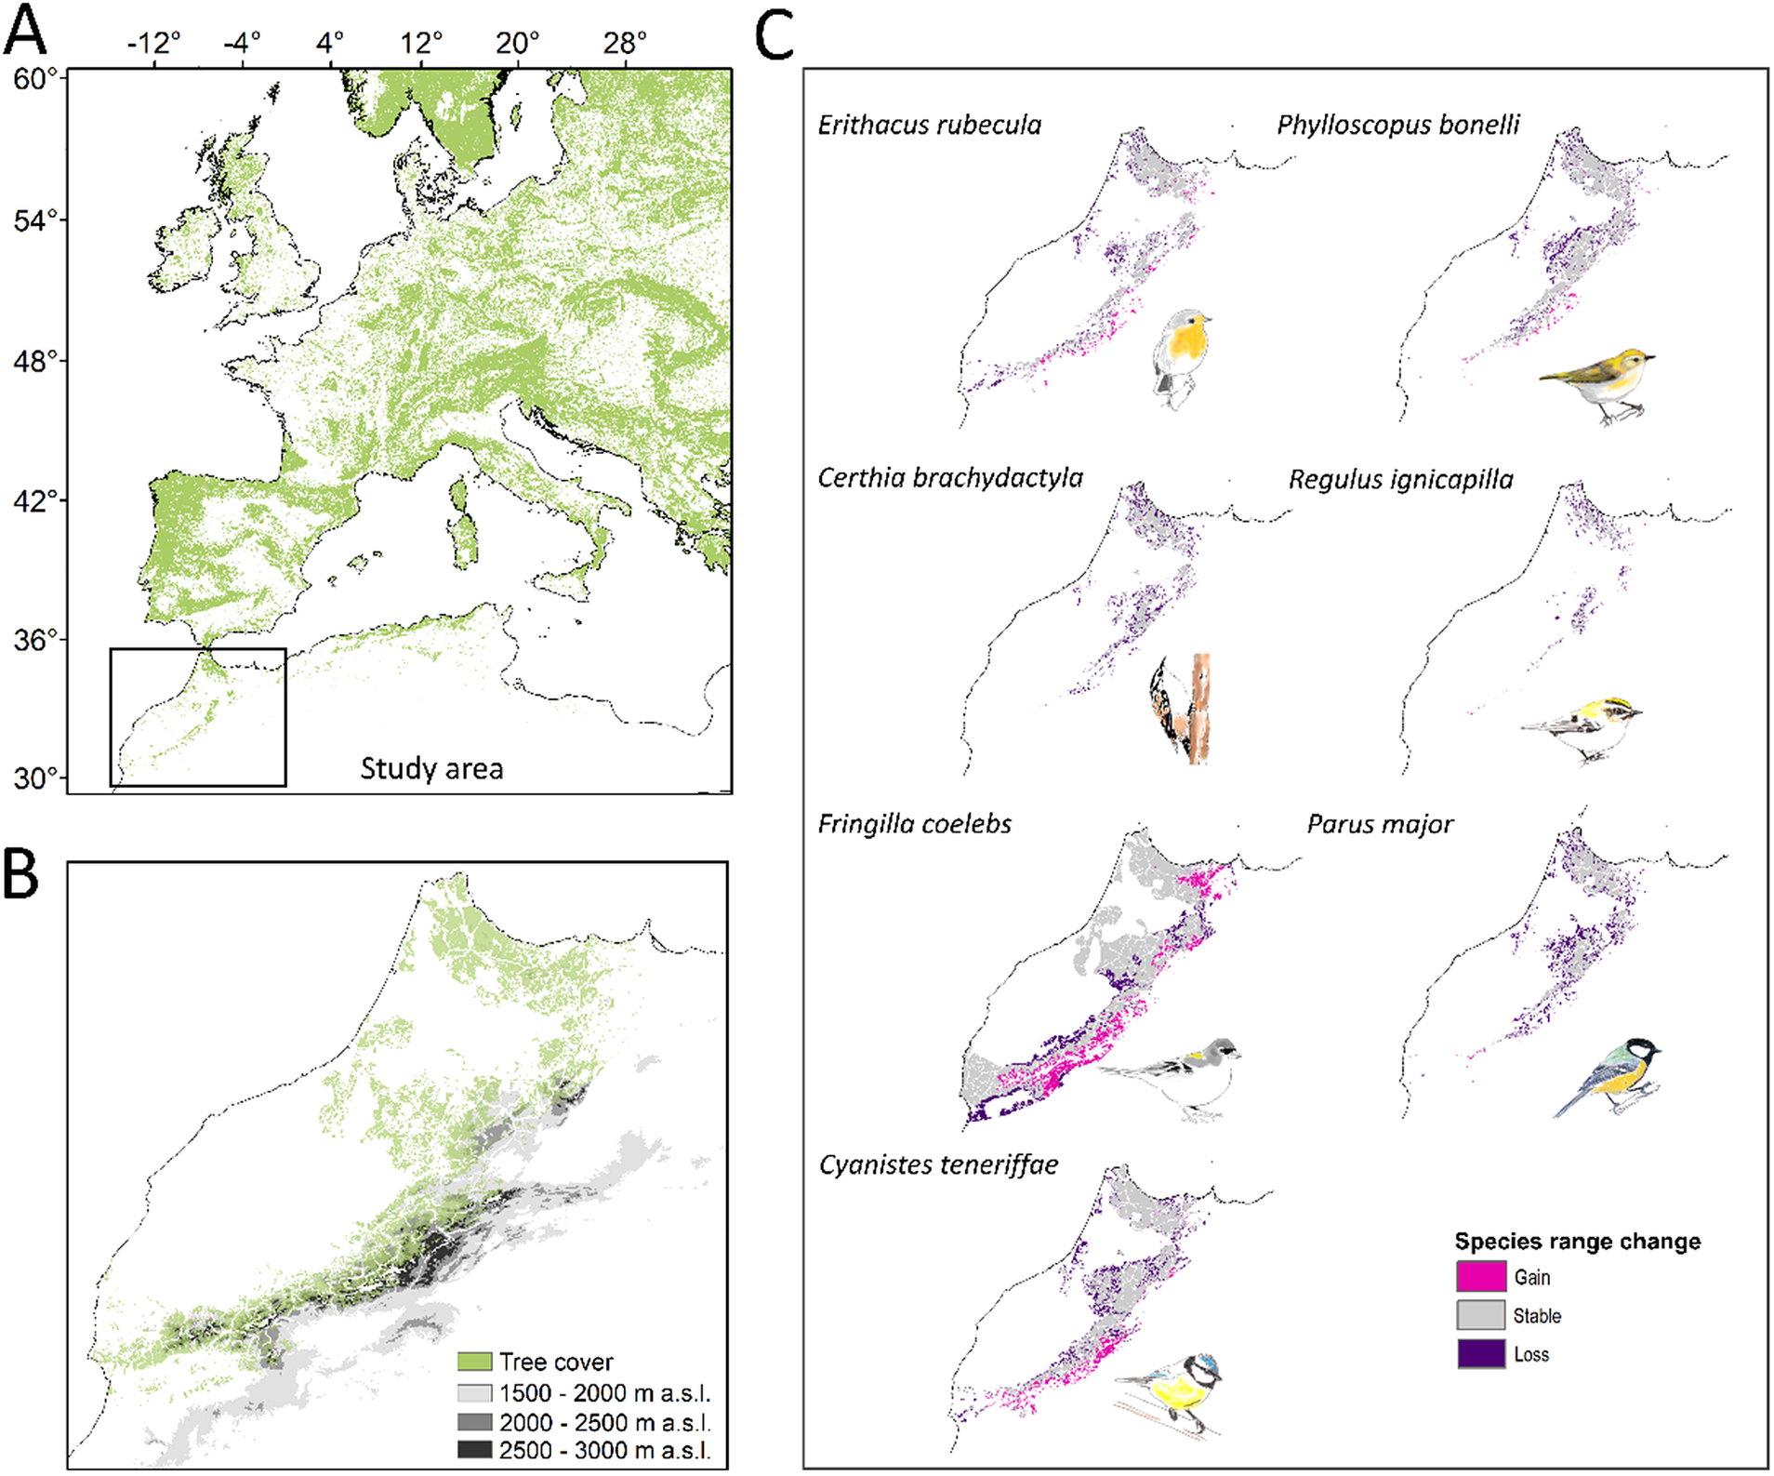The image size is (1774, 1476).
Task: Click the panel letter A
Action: coord(24,30)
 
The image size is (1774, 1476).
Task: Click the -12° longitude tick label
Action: coord(153,43)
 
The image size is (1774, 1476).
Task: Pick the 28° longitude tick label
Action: coord(624,43)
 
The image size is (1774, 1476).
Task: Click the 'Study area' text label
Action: coord(431,768)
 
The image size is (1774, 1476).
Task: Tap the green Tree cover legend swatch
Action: coord(474,1362)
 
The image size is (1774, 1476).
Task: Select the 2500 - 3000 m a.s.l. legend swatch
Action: coord(474,1450)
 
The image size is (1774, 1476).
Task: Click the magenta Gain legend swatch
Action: coord(1480,1277)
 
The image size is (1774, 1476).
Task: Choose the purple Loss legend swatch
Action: coord(1480,1354)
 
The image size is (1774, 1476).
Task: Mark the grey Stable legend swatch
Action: coord(1480,1315)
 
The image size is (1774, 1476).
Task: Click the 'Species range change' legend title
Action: coord(1577,1242)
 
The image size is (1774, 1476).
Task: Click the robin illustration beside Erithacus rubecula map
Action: coord(1181,358)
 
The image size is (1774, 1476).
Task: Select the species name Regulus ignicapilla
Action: coord(1400,480)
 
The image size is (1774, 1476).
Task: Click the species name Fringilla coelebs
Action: coord(914,824)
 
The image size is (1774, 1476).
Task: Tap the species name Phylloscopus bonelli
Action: coord(1397,125)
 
